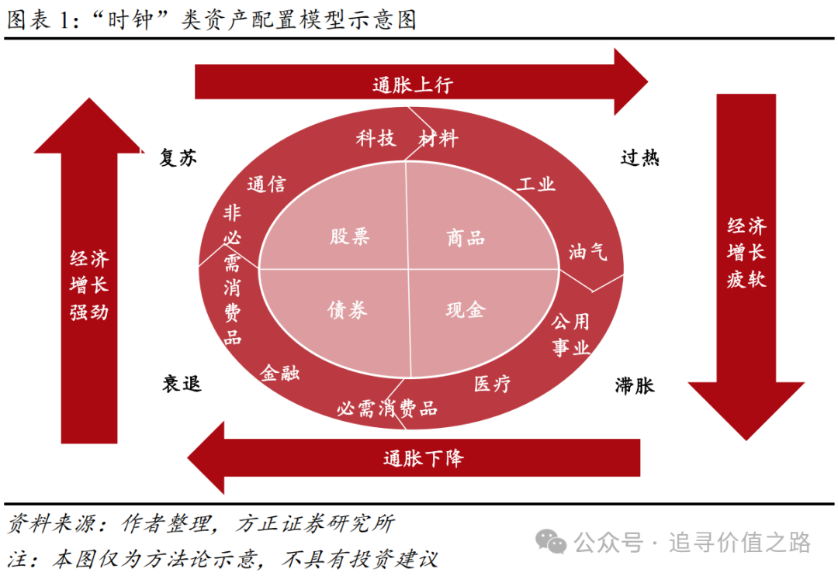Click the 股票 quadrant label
pyautogui.click(x=349, y=236)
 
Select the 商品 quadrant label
pyautogui.click(x=466, y=238)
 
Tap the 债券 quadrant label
pyautogui.click(x=348, y=309)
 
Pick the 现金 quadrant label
pyautogui.click(x=466, y=309)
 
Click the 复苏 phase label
pyautogui.click(x=178, y=157)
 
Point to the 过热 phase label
pyautogui.click(x=639, y=157)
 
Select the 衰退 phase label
pyautogui.click(x=182, y=383)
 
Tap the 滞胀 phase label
pyautogui.click(x=635, y=385)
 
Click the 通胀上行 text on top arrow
pyautogui.click(x=413, y=85)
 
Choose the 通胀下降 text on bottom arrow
pyautogui.click(x=424, y=458)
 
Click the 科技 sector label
pyautogui.click(x=376, y=138)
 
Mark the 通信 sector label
pyautogui.click(x=267, y=185)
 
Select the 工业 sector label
pyautogui.click(x=537, y=184)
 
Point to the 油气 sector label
pyautogui.click(x=588, y=251)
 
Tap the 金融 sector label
pyautogui.click(x=279, y=373)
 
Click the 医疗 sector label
pyautogui.click(x=492, y=383)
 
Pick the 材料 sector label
pyautogui.click(x=438, y=139)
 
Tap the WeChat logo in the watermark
pyautogui.click(x=551, y=543)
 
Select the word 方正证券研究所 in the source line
pyautogui.click(x=315, y=524)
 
